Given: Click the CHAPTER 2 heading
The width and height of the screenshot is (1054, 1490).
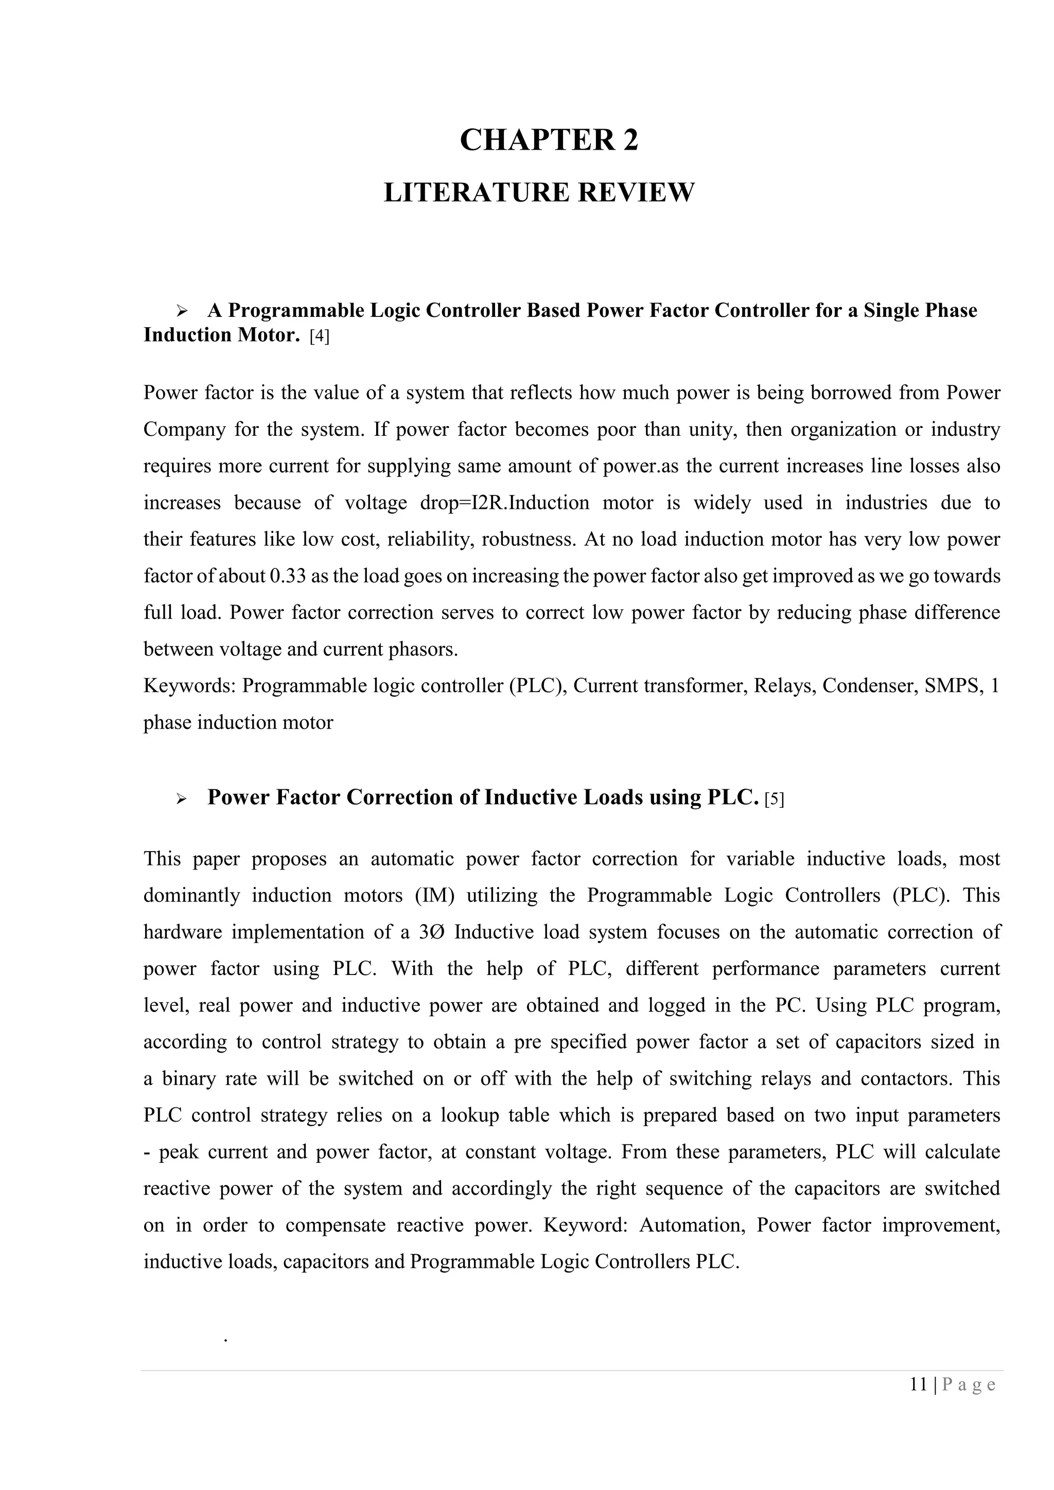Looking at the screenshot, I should [x=549, y=140].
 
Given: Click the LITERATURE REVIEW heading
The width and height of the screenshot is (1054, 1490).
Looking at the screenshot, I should [x=539, y=193].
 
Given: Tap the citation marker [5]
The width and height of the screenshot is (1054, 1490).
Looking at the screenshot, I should [x=774, y=799].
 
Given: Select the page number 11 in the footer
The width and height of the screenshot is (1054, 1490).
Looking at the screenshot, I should [x=918, y=1385].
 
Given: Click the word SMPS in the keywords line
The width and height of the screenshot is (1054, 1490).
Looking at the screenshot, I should [x=952, y=686].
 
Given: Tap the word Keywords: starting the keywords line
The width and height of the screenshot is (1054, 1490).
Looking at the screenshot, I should [x=189, y=686].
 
